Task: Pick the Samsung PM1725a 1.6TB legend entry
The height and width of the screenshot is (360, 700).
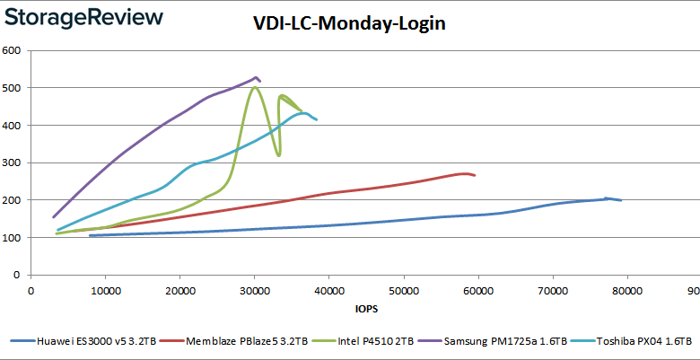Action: coord(482,341)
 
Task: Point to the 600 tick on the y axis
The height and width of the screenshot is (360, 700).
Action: coord(12,50)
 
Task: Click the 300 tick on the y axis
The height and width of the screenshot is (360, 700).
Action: coord(12,162)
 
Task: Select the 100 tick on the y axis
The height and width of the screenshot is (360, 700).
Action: coord(12,237)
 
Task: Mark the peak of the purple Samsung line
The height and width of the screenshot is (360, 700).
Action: coord(257,77)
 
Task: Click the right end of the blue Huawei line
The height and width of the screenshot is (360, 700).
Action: coord(621,200)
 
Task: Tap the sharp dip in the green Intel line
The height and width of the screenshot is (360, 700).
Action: coord(279,155)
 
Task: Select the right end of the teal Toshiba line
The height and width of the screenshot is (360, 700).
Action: coord(317,119)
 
